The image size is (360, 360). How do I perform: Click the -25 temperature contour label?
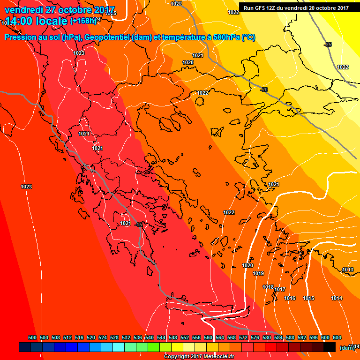coord(328,45)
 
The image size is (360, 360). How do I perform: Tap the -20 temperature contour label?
coord(264,90)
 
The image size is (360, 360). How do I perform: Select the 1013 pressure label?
coord(348,270)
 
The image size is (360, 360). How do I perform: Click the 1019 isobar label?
coord(258,273)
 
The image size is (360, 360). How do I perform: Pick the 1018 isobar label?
coord(268,287)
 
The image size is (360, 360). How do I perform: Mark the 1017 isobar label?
coord(280,289)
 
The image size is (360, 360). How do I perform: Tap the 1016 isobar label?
coord(290,299)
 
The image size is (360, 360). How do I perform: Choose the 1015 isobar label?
coord(308,299)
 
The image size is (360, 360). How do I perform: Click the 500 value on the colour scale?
coord(32,337)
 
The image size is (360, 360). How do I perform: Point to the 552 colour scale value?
coord(185,337)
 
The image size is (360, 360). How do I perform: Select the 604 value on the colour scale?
coord(337,337)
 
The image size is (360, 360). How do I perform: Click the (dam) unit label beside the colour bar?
coord(347,348)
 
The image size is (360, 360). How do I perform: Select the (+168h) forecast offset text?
coord(83,21)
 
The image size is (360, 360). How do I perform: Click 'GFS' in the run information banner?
coord(262,8)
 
